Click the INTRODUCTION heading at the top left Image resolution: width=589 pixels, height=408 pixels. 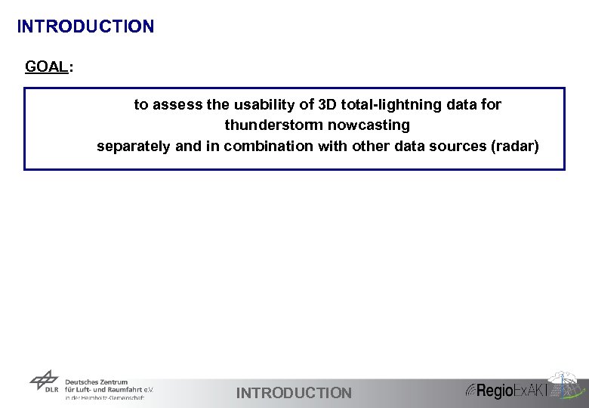(85, 26)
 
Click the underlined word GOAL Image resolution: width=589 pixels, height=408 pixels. (46, 66)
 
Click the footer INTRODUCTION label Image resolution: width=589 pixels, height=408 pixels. (294, 393)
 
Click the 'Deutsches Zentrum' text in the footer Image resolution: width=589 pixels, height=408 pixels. (97, 382)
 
